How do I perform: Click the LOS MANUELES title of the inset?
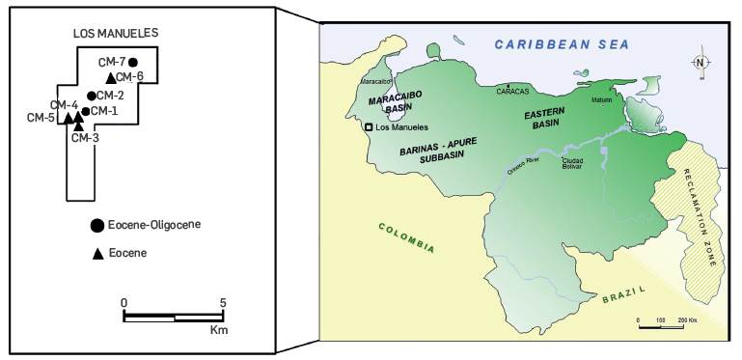(116, 33)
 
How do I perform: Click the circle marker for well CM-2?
(91, 96)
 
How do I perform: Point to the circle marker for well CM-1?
(85, 111)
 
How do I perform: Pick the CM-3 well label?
(86, 138)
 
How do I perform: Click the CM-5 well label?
(41, 119)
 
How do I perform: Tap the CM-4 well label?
(64, 105)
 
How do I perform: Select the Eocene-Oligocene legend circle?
(96, 226)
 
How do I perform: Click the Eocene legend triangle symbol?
(96, 254)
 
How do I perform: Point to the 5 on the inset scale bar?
(224, 302)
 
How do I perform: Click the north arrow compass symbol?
(700, 64)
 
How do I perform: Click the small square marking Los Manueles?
(368, 127)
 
